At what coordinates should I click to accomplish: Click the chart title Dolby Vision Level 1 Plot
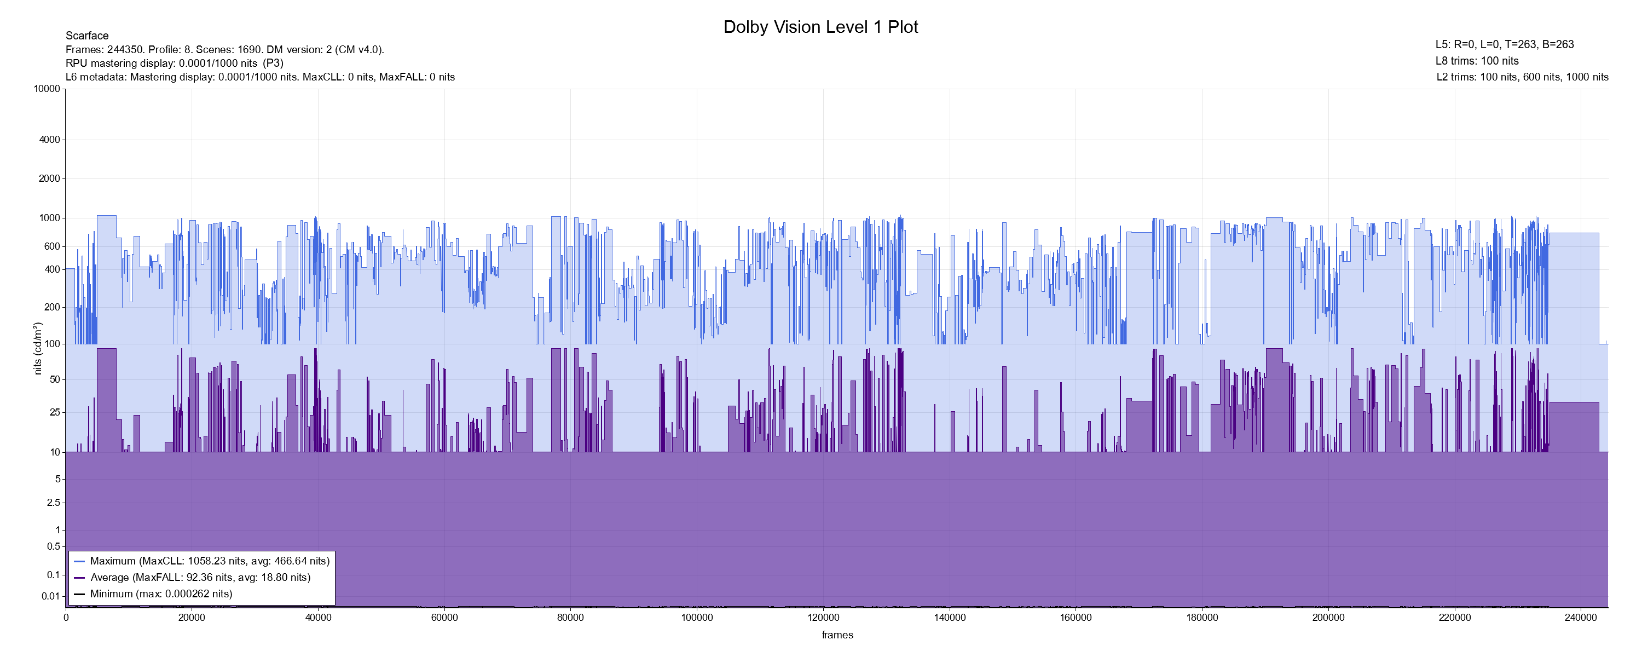coord(820,27)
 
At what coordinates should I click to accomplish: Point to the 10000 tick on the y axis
coord(47,89)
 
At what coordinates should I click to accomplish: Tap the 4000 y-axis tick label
coord(50,140)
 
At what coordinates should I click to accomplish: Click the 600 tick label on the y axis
coord(52,246)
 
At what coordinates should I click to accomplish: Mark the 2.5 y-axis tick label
coord(54,503)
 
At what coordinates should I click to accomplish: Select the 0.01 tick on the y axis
coord(51,596)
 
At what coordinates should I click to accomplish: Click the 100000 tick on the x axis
coord(697,618)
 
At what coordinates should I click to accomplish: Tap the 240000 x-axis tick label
coord(1581,618)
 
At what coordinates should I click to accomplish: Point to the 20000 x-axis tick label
coord(192,618)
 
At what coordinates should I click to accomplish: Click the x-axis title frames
coord(837,635)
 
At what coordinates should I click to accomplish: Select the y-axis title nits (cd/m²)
coord(38,348)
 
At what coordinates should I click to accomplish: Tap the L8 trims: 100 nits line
coord(1477,61)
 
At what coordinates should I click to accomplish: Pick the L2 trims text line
coord(1522,77)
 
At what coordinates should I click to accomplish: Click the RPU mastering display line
coord(175,63)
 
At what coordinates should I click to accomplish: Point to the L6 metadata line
coord(260,77)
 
